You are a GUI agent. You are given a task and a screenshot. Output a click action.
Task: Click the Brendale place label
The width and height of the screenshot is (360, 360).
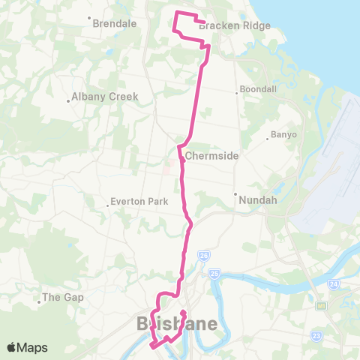(114, 23)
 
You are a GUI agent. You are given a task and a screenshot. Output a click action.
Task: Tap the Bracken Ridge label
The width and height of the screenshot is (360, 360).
(223, 25)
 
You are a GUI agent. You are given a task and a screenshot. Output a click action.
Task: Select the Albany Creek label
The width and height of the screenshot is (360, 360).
(96, 97)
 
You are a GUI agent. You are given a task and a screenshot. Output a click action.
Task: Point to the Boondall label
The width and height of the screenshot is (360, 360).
(256, 92)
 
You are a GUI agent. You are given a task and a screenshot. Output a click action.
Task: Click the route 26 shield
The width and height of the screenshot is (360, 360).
(202, 256)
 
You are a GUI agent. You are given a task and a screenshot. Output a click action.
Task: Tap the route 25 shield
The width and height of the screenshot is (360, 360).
(214, 273)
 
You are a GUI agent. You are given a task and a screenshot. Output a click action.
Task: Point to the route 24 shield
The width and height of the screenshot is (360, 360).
(333, 284)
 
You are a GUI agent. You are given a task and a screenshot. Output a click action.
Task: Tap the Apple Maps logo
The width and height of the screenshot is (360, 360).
(27, 347)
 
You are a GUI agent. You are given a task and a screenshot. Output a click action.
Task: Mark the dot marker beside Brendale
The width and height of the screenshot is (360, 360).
(89, 17)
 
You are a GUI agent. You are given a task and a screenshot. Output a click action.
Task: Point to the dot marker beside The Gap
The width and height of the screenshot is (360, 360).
(38, 304)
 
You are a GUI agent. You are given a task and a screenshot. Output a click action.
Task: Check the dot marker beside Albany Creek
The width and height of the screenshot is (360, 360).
(68, 97)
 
